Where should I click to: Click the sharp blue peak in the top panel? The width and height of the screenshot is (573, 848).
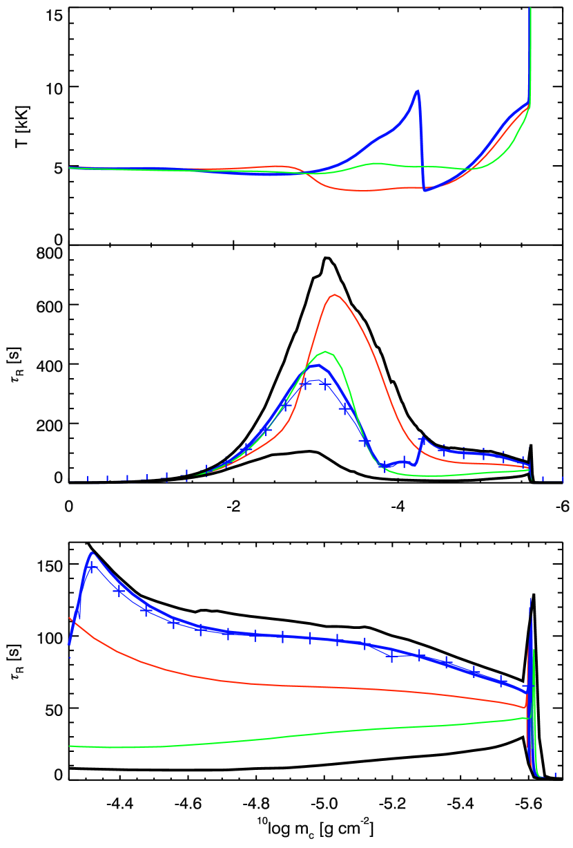tap(418, 91)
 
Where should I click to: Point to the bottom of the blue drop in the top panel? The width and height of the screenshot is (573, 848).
tap(425, 190)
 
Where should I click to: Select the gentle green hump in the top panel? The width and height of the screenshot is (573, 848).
tap(376, 163)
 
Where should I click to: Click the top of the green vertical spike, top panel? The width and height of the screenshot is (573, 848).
tap(530, 9)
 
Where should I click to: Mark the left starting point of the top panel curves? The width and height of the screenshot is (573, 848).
tap(70, 167)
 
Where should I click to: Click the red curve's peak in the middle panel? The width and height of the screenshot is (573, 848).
tap(335, 294)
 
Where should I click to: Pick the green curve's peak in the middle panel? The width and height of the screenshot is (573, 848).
tap(326, 352)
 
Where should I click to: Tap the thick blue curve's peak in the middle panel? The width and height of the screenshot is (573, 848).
tap(317, 364)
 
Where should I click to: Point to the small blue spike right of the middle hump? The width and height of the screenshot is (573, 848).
tap(422, 438)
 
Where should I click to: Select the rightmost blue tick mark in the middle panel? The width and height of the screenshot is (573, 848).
tap(563, 478)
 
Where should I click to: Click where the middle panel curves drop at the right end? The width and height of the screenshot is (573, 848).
tap(530, 470)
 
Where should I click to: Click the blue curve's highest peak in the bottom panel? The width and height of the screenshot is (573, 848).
tap(92, 552)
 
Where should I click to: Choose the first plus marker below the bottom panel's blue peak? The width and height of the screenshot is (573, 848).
tap(90, 567)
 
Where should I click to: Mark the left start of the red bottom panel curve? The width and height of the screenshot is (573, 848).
tap(70, 617)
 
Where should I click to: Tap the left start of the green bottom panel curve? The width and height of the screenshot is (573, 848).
tap(70, 746)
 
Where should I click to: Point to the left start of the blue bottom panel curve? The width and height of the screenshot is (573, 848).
tap(69, 645)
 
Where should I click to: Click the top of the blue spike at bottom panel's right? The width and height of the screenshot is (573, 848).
tap(530, 599)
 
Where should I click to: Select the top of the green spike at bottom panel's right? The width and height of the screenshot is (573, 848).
tap(534, 650)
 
